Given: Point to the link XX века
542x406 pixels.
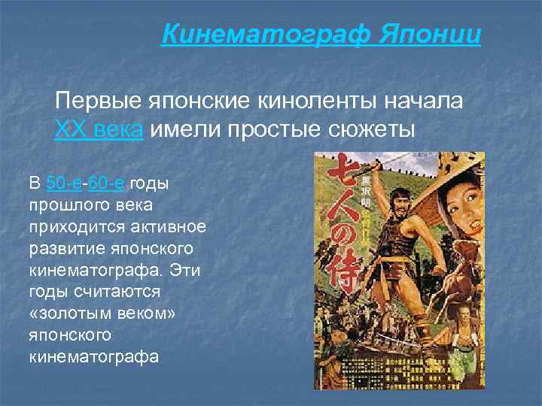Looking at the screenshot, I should click(x=99, y=129).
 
